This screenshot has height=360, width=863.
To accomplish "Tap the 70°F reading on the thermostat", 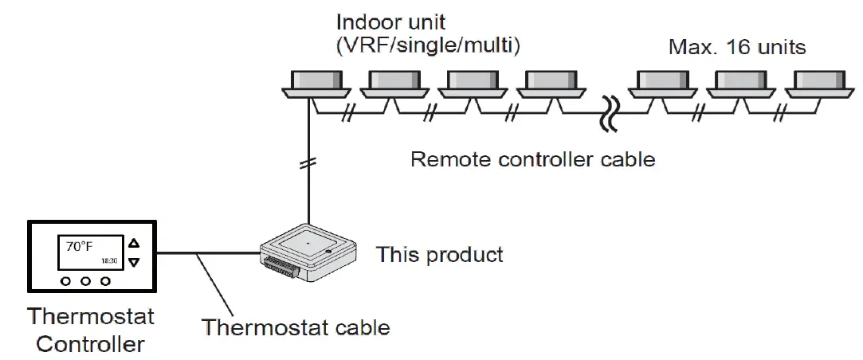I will coord(79,247).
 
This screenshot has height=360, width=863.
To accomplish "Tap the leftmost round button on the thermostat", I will coord(65,282).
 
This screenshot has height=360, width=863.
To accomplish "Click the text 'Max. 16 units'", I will coord(736,48).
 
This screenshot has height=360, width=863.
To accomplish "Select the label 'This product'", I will coord(439,255).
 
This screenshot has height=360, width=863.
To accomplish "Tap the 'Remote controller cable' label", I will coord(532,159).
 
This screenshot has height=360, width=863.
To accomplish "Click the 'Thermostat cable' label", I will coord(295,327).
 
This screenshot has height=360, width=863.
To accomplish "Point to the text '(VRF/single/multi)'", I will coord(428,48).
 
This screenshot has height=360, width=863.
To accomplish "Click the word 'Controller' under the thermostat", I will coord(90,344).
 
